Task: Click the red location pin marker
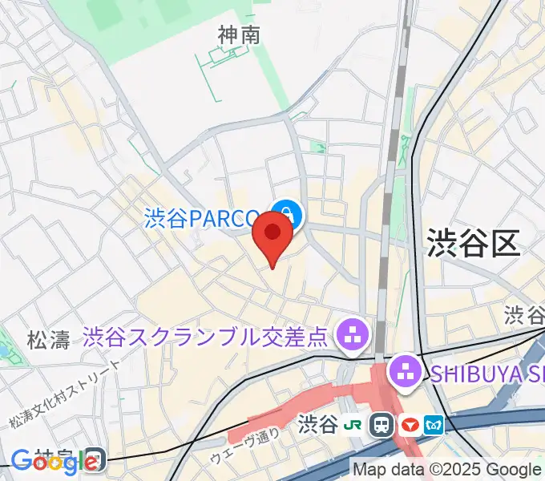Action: pyautogui.click(x=272, y=237)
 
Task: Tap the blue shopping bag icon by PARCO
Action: pyautogui.click(x=286, y=215)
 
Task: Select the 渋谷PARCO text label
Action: pyautogui.click(x=202, y=218)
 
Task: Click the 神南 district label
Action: pyautogui.click(x=239, y=34)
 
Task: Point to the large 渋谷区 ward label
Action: pyautogui.click(x=473, y=241)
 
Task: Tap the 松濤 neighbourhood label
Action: pyautogui.click(x=48, y=339)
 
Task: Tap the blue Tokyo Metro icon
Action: pyautogui.click(x=435, y=424)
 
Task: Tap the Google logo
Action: pyautogui.click(x=44, y=460)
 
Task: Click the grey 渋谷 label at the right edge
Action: pyautogui.click(x=524, y=313)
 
